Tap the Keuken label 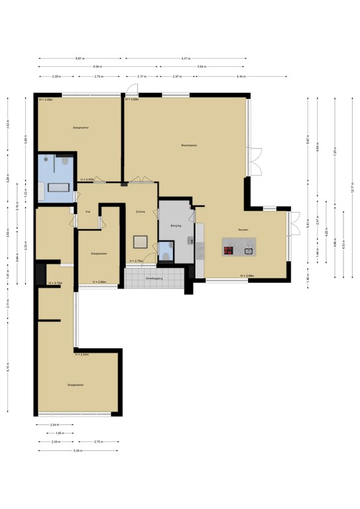click(x=244, y=229)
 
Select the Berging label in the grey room click(x=176, y=226)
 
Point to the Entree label click(x=141, y=211)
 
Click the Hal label click(x=88, y=211)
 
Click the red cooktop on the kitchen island click(x=229, y=250)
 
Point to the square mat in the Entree click(x=141, y=241)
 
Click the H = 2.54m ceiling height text click(x=82, y=355)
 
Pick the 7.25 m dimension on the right click(x=335, y=152)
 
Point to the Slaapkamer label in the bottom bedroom click(x=76, y=384)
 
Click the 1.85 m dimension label click(x=60, y=433)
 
